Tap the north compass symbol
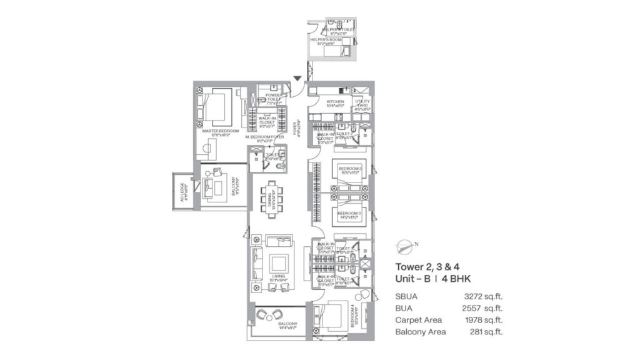point(404,245)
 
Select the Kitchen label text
point(335,102)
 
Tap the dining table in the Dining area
point(270,199)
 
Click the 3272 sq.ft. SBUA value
point(486,296)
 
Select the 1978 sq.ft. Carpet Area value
point(486,320)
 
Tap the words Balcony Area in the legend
point(421,332)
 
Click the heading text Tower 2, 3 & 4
point(422,266)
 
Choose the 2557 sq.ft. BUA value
point(486,308)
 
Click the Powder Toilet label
point(274,97)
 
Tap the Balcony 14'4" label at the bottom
point(288,324)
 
